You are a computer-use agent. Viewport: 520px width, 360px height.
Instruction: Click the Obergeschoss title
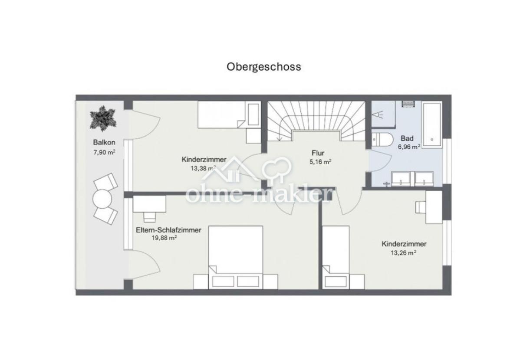click(x=263, y=67)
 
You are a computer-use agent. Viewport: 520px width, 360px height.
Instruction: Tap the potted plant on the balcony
click(x=103, y=118)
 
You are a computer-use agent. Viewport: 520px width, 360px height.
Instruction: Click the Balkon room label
click(x=103, y=142)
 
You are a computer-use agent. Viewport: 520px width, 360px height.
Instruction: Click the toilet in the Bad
click(x=382, y=140)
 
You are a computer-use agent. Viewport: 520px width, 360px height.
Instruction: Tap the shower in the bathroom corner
click(x=382, y=115)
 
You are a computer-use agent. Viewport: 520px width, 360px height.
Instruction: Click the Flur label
click(x=318, y=153)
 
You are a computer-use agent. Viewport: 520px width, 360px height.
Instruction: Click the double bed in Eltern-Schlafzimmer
click(x=236, y=254)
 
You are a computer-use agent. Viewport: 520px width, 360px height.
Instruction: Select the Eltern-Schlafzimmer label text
click(x=168, y=230)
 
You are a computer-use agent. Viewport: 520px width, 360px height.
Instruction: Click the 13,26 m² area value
click(x=404, y=252)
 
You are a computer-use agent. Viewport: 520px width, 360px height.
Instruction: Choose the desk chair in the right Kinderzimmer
click(x=420, y=207)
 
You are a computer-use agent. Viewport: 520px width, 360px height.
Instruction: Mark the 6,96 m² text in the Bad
click(x=408, y=147)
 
